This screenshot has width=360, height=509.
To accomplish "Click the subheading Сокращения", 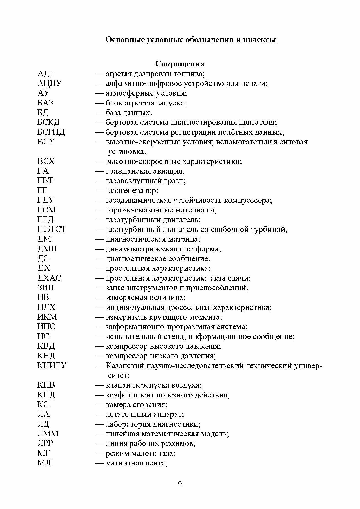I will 180,64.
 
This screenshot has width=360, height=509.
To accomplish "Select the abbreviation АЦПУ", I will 50,83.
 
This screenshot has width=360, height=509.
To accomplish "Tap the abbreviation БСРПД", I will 51,132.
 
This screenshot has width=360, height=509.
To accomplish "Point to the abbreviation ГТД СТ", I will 52,229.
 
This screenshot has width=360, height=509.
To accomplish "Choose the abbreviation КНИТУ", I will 52,366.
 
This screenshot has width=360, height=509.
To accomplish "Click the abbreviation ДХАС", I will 49,278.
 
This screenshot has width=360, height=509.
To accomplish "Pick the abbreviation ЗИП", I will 46,288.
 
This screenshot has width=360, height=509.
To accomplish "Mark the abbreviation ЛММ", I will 48,434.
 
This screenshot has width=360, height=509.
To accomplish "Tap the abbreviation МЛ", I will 44,463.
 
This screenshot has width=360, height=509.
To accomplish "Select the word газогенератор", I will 132,191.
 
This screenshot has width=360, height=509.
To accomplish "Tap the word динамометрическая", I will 141,249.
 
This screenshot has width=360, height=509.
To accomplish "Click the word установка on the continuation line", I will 126,152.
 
